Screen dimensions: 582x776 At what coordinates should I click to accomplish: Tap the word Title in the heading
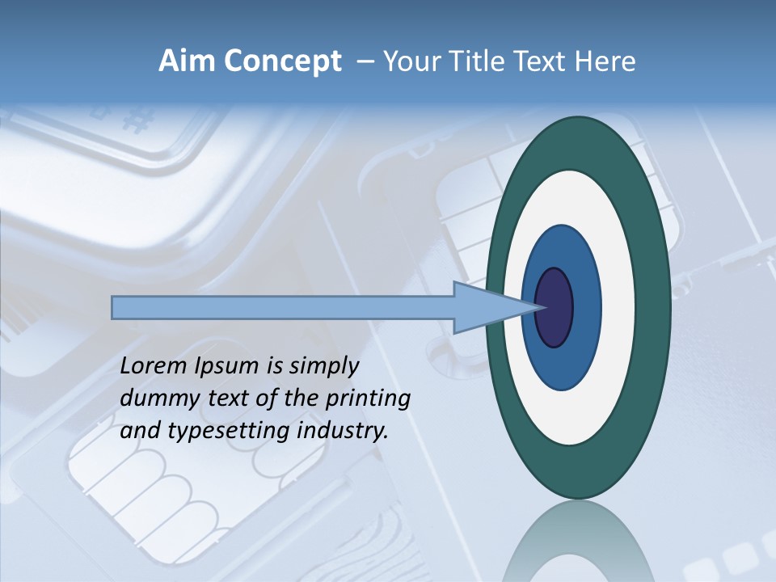(471, 61)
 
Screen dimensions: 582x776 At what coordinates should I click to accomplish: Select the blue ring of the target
(586, 307)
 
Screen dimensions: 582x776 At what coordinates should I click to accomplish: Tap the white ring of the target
(618, 307)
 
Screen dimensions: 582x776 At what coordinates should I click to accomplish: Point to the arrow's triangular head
(485, 307)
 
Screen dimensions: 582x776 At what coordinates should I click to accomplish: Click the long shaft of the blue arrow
(283, 307)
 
